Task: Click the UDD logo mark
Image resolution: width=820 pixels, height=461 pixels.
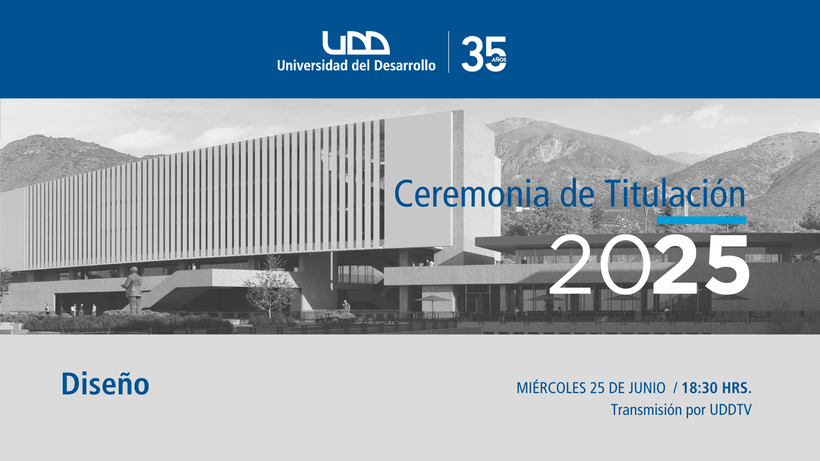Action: (356, 43)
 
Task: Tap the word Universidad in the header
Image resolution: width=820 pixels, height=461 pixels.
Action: (312, 65)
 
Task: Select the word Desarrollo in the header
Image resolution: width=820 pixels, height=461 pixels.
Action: (405, 65)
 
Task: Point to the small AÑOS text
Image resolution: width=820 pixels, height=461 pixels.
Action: (499, 59)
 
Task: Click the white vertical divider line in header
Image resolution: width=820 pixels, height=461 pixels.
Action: (448, 52)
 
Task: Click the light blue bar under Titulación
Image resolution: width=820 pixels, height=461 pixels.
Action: (701, 220)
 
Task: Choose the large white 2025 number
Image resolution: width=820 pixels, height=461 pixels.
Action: (649, 265)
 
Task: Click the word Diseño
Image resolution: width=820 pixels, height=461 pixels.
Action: (105, 383)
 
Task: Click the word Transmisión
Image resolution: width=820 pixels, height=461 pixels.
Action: (646, 410)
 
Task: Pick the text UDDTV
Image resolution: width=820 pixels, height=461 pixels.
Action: (730, 410)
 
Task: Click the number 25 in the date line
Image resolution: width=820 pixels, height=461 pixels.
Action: (597, 388)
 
